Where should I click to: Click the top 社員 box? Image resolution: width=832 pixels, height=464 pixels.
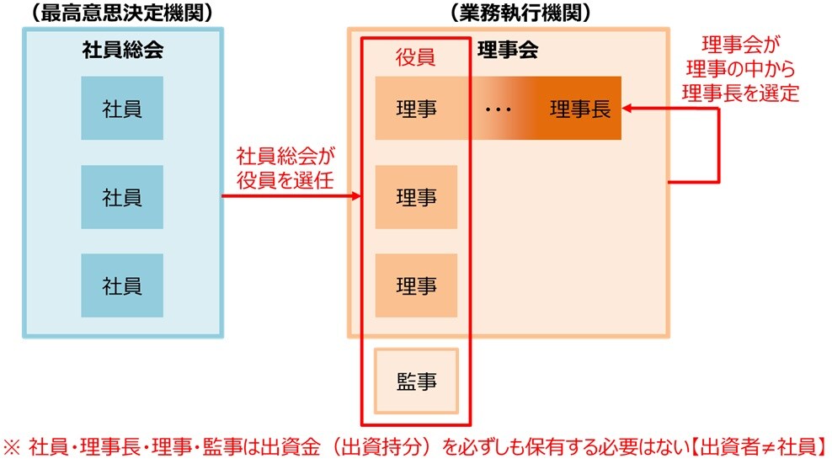click(122, 108)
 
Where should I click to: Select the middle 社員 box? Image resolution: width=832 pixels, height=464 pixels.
click(122, 197)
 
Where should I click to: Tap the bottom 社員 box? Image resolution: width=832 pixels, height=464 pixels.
click(122, 285)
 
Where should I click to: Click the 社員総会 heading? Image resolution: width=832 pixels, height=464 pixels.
click(122, 50)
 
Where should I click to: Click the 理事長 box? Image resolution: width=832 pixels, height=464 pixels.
click(580, 109)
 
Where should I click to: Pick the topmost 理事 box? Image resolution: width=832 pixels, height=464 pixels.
click(416, 109)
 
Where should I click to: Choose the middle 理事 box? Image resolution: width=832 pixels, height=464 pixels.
click(416, 197)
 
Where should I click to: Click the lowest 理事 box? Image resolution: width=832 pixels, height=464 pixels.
click(416, 285)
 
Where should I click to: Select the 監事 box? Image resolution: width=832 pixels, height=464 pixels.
click(416, 381)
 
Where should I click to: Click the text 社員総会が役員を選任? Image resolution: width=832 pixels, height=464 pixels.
click(285, 168)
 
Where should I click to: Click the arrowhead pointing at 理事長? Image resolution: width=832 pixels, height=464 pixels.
click(628, 108)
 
